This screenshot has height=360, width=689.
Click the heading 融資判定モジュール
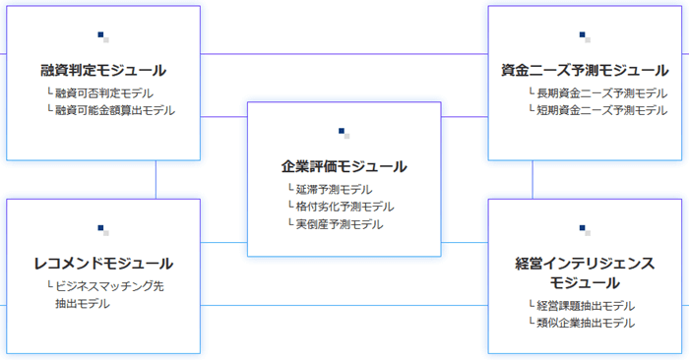tap(103, 71)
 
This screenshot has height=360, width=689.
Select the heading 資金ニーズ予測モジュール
tap(585, 71)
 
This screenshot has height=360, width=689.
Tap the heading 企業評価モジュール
tap(344, 166)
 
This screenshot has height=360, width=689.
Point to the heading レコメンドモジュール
tap(103, 264)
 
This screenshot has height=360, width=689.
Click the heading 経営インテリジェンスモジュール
tap(585, 272)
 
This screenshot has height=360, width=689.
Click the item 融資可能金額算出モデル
tap(114, 110)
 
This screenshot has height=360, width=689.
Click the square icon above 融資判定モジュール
tap(103, 37)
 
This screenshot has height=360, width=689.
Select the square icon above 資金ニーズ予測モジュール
tap(585, 37)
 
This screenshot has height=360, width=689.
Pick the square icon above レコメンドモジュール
tap(103, 230)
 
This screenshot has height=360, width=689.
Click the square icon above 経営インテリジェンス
tap(585, 230)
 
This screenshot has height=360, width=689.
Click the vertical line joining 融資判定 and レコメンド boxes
tap(156, 179)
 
